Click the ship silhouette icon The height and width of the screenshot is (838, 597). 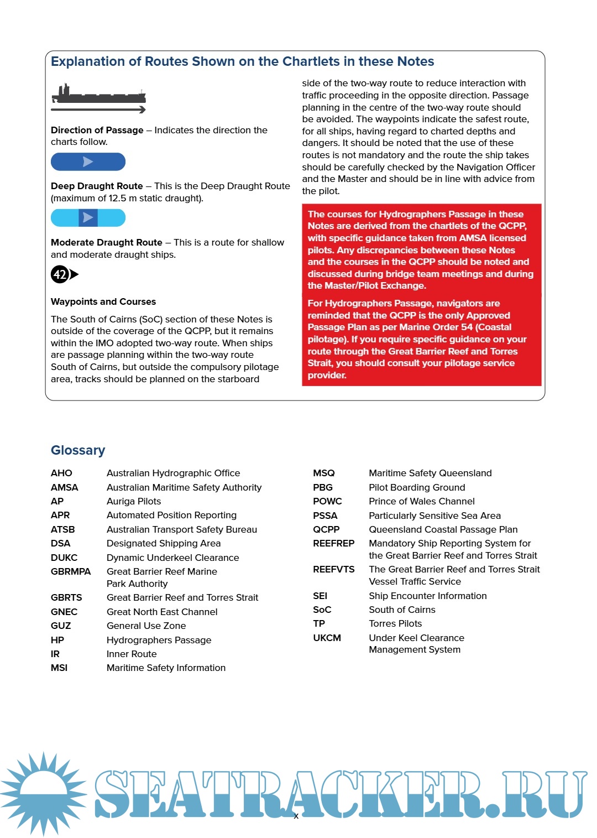click(98, 95)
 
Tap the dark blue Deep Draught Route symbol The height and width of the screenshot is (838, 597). click(88, 162)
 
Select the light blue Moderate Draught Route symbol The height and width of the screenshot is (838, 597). click(88, 218)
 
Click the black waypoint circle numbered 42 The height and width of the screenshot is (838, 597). click(60, 274)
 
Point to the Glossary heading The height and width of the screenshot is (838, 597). click(78, 450)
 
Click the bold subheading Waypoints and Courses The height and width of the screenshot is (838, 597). click(103, 301)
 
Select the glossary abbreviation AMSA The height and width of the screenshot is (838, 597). click(64, 487)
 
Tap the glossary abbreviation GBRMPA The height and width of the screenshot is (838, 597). click(71, 571)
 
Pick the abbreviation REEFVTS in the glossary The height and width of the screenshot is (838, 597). click(334, 569)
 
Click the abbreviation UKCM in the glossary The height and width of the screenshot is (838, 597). click(327, 638)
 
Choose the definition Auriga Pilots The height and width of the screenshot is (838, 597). click(134, 501)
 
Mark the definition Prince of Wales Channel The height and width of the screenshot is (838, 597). click(422, 501)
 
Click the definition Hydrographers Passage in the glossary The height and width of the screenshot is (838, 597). click(159, 640)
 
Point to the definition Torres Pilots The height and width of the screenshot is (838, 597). click(395, 623)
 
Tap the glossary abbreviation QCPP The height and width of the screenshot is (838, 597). click(326, 529)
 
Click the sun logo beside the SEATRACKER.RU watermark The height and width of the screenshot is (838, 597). click(43, 793)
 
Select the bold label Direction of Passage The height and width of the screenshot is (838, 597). click(97, 130)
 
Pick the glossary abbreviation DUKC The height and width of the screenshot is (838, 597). click(64, 558)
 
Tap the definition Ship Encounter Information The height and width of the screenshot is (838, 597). click(428, 596)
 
